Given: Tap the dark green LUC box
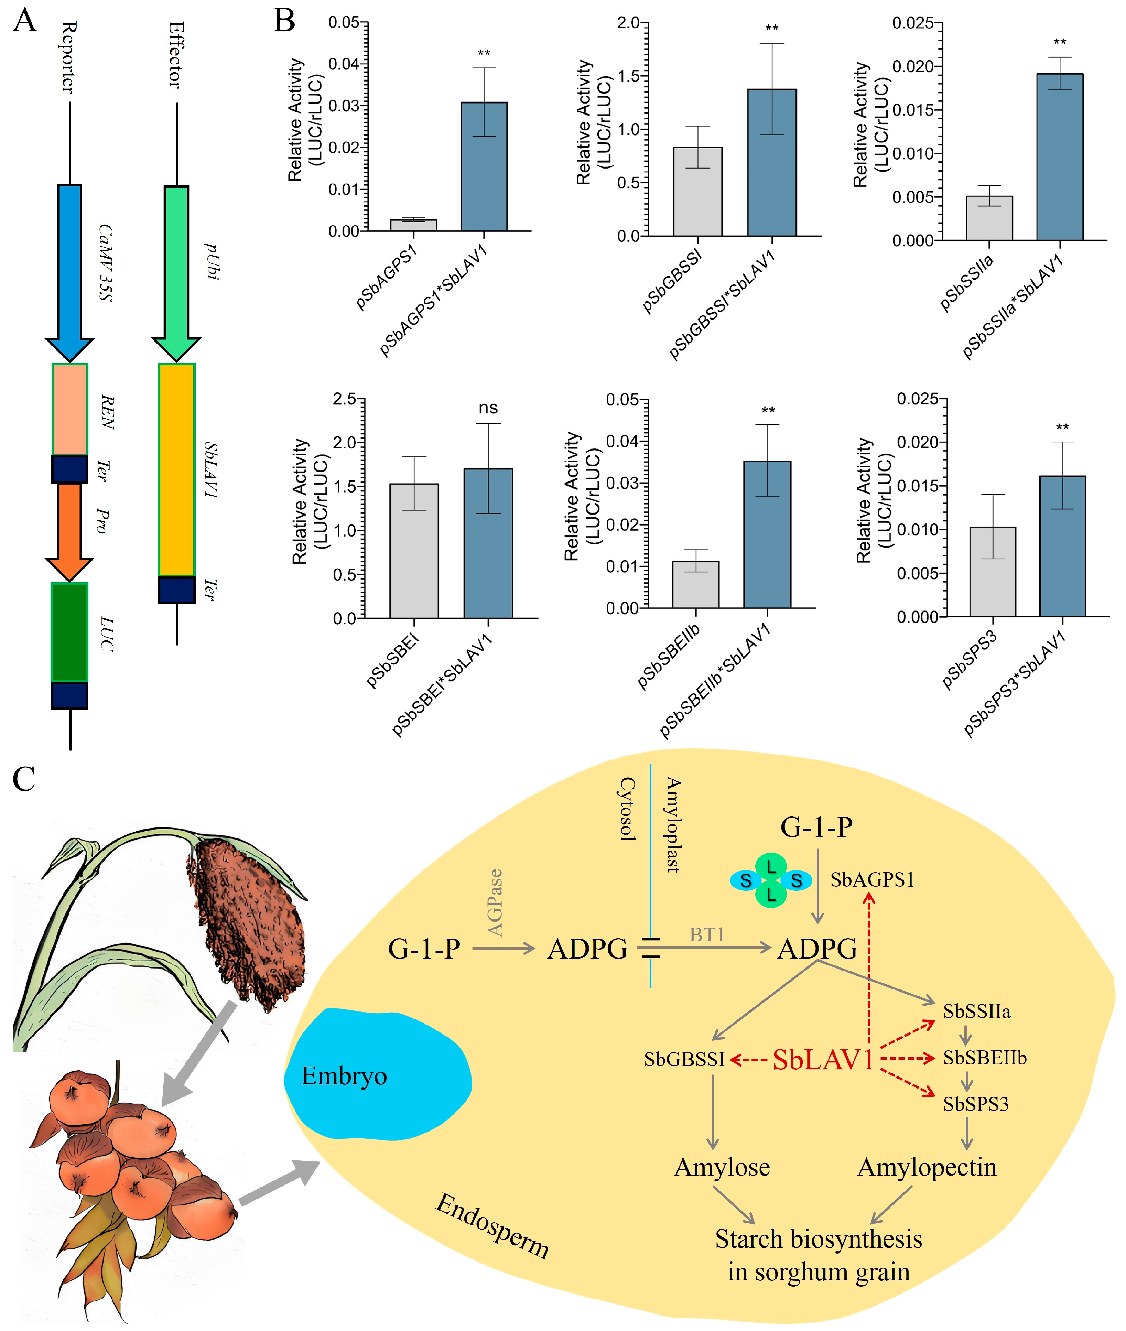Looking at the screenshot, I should click(69, 632).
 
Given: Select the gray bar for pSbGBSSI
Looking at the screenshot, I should click(698, 192).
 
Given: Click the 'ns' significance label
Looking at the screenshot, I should click(488, 408).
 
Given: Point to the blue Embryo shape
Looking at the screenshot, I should click(377, 1076).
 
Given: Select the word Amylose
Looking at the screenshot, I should click(722, 1168).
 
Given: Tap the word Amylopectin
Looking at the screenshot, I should click(927, 1168).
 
